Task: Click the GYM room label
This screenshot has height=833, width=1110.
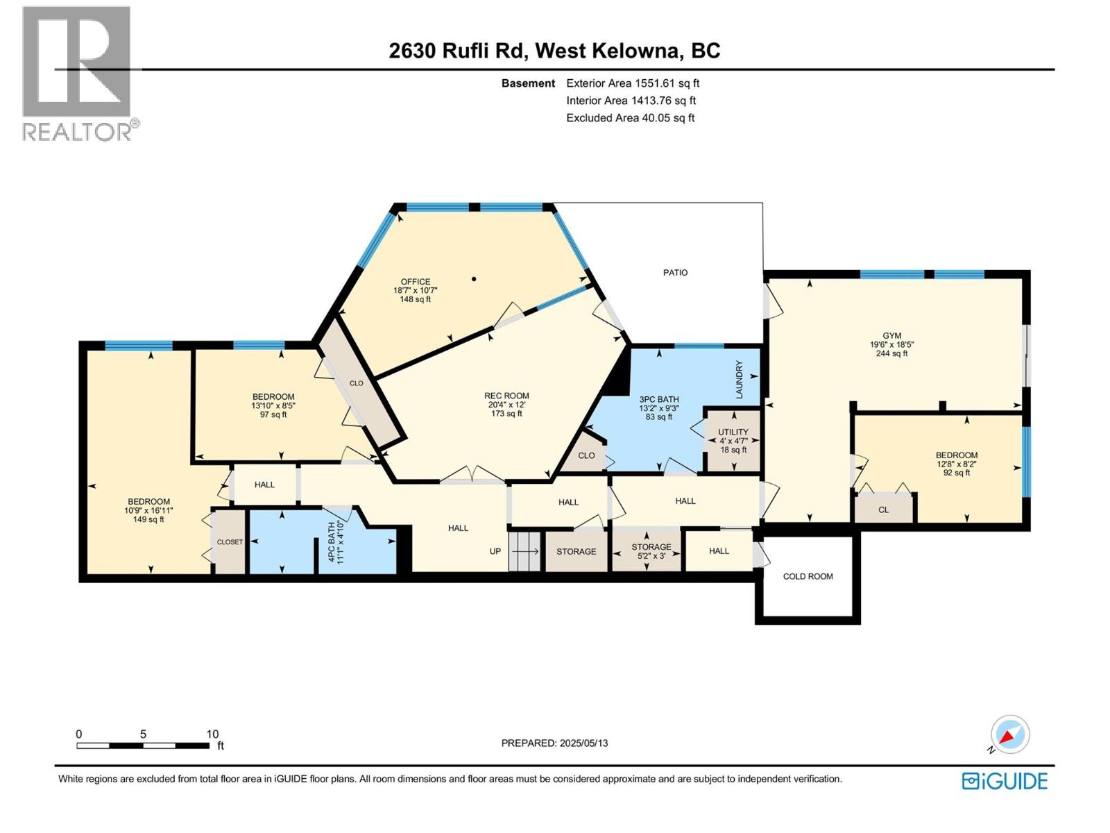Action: pos(891,336)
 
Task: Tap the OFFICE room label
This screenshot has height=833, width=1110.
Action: pos(415,282)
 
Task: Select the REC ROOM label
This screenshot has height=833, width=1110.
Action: pos(506,396)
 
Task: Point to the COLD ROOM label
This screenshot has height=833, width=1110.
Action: pos(808,576)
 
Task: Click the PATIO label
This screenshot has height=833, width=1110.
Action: pos(675,273)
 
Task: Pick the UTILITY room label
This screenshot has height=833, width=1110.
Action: pos(733,432)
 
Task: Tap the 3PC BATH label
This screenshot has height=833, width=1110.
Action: pos(658,399)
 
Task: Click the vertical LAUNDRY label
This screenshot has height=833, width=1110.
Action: pos(740,380)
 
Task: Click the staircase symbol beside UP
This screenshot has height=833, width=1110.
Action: pos(525,551)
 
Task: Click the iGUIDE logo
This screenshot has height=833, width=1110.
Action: pos(1005,781)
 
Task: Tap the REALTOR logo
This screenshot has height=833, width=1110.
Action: pos(77,73)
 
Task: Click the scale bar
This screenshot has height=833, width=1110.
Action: pos(143,746)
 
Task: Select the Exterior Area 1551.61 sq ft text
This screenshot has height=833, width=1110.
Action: pos(632,83)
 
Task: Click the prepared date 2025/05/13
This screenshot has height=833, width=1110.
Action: pos(554,743)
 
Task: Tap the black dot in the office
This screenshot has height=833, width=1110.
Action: pos(474,279)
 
